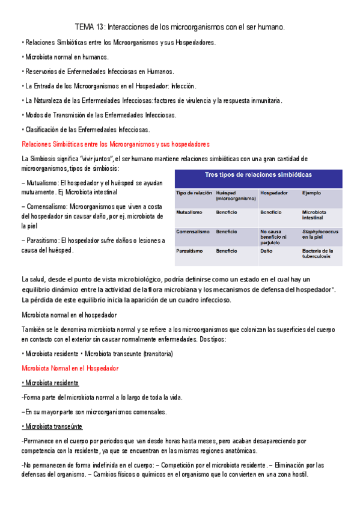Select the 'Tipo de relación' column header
(x=194, y=193)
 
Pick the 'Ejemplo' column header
(x=311, y=193)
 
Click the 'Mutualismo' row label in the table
(x=190, y=212)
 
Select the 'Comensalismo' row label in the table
(x=193, y=232)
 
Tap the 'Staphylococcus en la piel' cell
(x=320, y=235)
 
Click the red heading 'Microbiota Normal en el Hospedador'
(x=70, y=368)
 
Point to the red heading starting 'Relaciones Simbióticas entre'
(x=115, y=144)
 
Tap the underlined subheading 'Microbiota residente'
(x=50, y=383)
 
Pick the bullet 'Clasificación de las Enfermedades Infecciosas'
(x=86, y=129)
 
